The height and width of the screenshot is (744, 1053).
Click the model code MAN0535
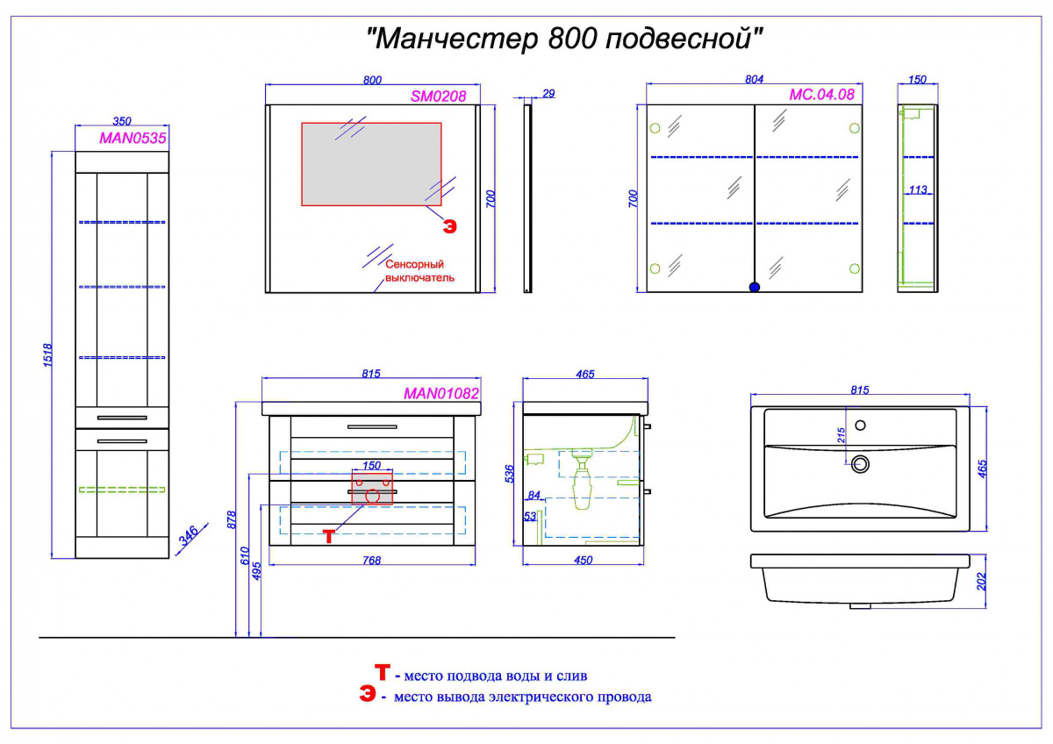(133, 138)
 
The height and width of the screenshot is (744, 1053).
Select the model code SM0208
(438, 97)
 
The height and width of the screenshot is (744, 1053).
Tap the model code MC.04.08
(821, 95)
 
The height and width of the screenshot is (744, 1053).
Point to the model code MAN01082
(441, 393)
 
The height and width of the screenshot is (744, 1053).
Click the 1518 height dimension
(47, 354)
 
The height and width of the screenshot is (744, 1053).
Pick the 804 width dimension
(754, 80)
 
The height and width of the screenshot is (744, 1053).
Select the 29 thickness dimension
(548, 94)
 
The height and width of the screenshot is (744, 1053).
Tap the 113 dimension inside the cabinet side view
(918, 190)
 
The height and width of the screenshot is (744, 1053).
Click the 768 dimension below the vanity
(371, 561)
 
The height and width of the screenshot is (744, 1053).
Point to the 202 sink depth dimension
(982, 582)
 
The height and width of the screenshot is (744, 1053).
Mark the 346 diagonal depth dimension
(189, 536)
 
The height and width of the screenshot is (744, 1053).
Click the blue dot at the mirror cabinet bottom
(754, 287)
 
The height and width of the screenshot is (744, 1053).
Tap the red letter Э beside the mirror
(450, 227)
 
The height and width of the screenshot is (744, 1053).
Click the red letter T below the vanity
(328, 536)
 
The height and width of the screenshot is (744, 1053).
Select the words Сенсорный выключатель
(419, 271)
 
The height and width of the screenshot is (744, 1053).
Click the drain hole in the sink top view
(860, 464)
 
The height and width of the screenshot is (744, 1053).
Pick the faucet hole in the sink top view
(860, 426)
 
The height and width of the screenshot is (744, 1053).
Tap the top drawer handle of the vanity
(372, 426)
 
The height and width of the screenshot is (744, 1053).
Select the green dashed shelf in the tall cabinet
(122, 490)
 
